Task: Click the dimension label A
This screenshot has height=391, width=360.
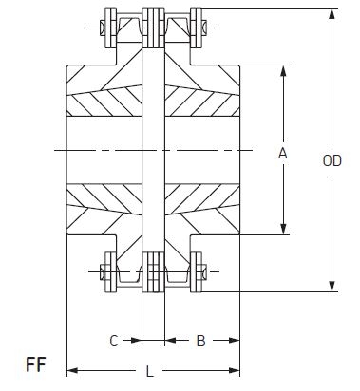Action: tap(283, 154)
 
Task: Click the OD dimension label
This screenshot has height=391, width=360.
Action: tap(332, 160)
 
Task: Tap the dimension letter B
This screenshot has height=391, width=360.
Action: tap(200, 341)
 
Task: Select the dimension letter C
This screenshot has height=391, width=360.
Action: tap(114, 341)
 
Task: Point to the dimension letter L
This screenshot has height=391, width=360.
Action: tap(150, 371)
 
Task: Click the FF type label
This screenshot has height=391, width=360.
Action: tap(36, 364)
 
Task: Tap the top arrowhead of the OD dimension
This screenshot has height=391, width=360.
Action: tap(332, 14)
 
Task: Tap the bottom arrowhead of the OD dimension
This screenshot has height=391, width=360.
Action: tap(332, 286)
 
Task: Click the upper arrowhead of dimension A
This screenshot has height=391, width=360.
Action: tap(283, 71)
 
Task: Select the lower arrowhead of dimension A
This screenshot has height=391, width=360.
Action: tap(283, 229)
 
